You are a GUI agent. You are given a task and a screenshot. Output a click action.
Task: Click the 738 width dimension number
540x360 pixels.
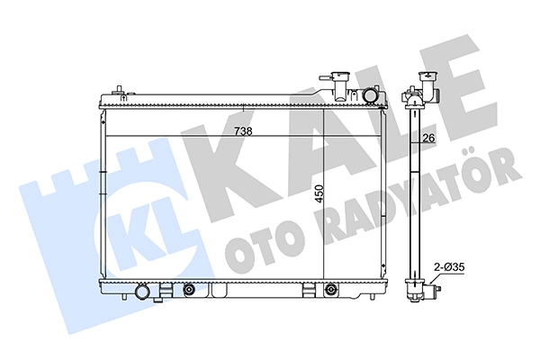243,131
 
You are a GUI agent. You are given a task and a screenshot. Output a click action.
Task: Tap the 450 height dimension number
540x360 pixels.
319,193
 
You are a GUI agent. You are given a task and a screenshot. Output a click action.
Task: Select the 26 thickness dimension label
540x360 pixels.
428,138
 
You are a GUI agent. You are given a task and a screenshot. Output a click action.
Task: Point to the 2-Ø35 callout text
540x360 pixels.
449,267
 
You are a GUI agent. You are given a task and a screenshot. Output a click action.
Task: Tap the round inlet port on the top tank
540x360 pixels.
370,95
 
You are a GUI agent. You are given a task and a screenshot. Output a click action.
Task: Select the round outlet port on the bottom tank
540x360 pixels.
142,292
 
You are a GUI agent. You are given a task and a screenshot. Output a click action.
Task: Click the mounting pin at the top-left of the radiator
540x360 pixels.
119,90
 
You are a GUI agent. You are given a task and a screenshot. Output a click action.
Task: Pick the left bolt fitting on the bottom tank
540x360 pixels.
188,291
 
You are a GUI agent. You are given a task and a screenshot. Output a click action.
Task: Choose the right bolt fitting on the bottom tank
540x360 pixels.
331,290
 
